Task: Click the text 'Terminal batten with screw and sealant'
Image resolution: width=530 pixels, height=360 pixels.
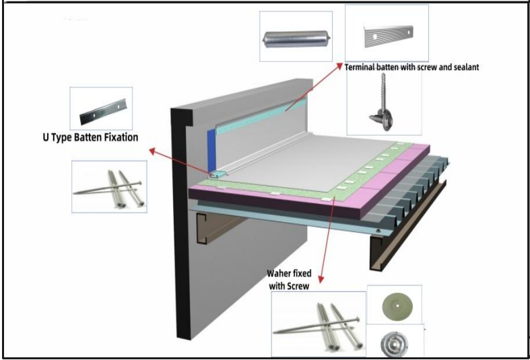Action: pos(411,67)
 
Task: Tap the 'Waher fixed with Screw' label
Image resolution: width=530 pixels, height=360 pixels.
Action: pos(288,280)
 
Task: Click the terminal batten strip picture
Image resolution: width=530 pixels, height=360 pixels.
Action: pos(386,34)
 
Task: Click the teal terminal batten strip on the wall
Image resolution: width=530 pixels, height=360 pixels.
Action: pos(263,114)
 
